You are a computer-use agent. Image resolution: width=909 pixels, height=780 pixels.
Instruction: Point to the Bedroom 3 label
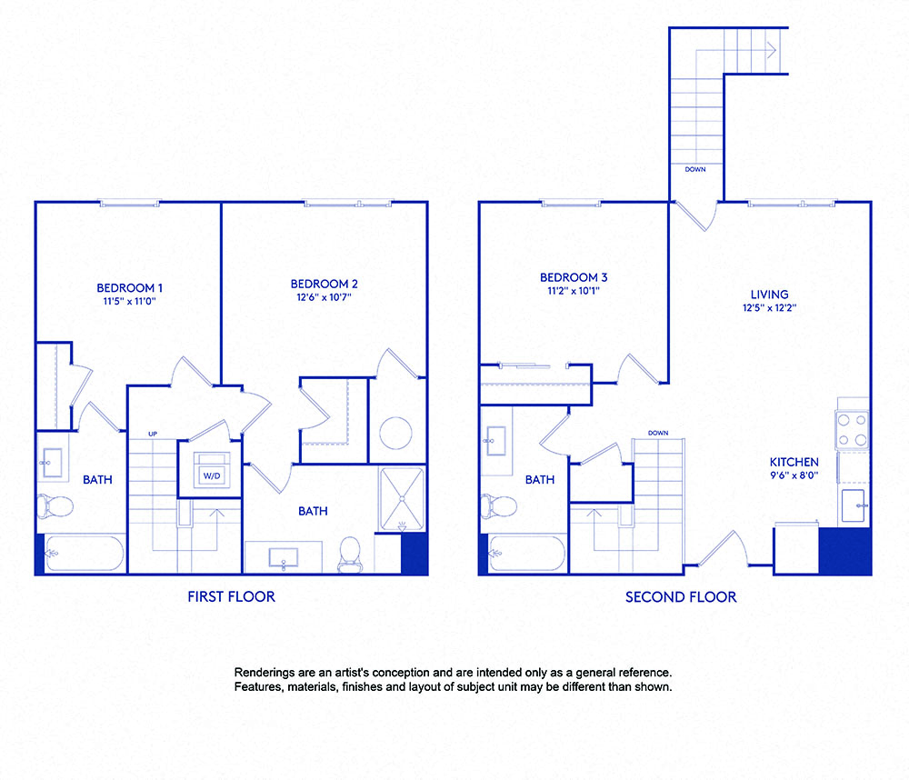tap(574, 277)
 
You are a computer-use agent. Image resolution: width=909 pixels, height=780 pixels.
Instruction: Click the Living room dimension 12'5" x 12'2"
tap(769, 308)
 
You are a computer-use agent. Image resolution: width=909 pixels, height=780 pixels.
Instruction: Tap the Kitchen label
tap(794, 462)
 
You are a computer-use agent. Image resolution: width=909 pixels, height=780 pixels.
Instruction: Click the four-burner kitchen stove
tap(852, 430)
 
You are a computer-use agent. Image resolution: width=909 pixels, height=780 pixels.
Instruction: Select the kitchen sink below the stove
tap(854, 505)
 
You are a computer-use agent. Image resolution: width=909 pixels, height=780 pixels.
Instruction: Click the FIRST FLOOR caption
tap(231, 597)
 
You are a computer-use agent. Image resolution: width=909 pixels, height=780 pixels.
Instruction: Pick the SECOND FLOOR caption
tap(681, 597)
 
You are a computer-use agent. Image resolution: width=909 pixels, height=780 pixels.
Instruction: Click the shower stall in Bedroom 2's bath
tap(401, 499)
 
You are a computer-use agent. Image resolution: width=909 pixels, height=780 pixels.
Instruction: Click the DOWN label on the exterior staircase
tap(694, 169)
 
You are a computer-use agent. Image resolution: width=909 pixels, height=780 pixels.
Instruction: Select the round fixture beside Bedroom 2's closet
tap(396, 432)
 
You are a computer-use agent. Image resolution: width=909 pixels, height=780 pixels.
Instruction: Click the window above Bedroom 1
tap(130, 203)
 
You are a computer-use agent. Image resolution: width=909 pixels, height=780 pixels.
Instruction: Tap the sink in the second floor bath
tap(495, 443)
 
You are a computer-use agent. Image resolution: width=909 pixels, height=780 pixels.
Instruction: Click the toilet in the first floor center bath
tap(350, 554)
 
